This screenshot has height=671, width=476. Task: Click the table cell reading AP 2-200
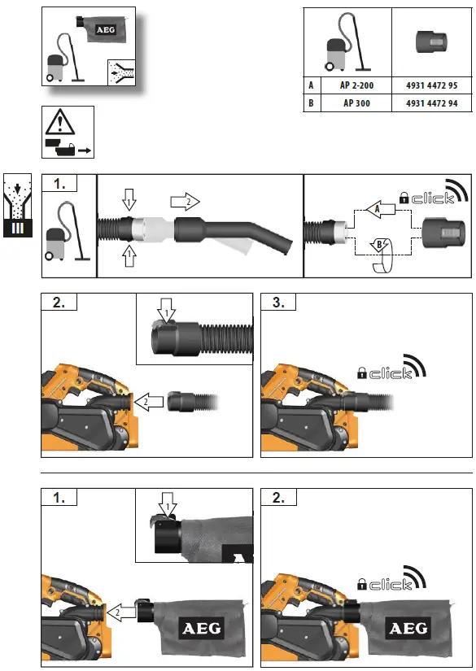coord(356,84)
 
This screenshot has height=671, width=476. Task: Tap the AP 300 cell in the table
coord(356,103)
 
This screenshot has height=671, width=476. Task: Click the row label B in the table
coord(312,103)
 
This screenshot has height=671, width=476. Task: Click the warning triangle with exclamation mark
coord(59,123)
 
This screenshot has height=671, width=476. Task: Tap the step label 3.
coord(279,304)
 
